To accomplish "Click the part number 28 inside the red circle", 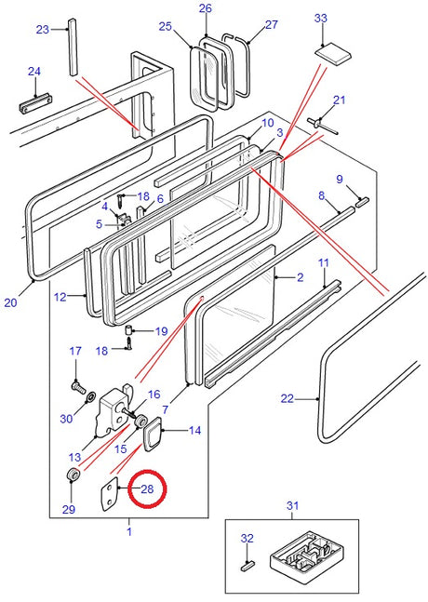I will (x=148, y=489).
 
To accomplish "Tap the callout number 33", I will (x=321, y=18).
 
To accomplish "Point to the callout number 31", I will (x=293, y=506).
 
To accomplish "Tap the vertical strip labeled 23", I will (x=71, y=55).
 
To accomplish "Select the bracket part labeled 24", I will (x=33, y=100).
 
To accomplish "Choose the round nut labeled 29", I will (x=70, y=477).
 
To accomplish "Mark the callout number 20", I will (x=10, y=301).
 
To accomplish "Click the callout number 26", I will (x=206, y=8).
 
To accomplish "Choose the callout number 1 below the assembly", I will (x=129, y=531).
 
